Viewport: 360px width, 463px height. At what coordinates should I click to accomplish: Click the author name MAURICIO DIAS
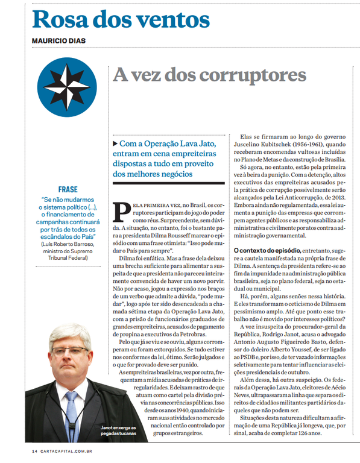(x=59, y=41)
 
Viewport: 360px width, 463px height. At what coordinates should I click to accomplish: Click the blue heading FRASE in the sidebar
(x=68, y=189)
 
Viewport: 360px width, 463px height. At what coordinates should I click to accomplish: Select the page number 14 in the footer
(x=35, y=452)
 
